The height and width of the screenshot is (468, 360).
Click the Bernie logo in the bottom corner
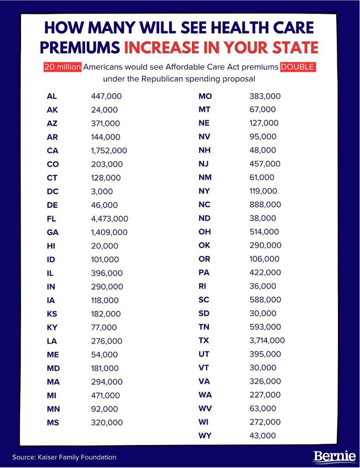[x=334, y=456]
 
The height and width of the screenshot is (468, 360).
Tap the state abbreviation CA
[x=52, y=151]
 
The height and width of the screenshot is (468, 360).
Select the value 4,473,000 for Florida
[x=110, y=219]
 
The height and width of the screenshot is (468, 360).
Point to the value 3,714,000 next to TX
[x=267, y=340]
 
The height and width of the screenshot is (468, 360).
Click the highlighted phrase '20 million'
[x=62, y=67]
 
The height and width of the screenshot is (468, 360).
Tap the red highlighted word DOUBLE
[x=299, y=67]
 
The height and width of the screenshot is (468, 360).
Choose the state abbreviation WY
[x=205, y=436]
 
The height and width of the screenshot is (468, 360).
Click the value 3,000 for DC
[x=102, y=191]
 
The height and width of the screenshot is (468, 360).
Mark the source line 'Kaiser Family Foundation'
[x=64, y=457]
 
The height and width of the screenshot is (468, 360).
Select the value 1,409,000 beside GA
[x=110, y=232]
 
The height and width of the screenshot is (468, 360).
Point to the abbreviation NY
[x=204, y=191]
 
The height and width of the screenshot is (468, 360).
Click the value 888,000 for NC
[x=265, y=205]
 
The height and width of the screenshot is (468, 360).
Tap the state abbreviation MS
[x=53, y=423]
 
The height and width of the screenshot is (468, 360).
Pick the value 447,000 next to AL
[x=106, y=96]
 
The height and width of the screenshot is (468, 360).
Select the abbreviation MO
[x=205, y=96]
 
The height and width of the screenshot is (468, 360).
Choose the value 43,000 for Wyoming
[x=263, y=436]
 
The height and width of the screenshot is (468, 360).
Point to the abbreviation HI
[x=51, y=246]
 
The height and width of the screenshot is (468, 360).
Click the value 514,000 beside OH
[x=264, y=232]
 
